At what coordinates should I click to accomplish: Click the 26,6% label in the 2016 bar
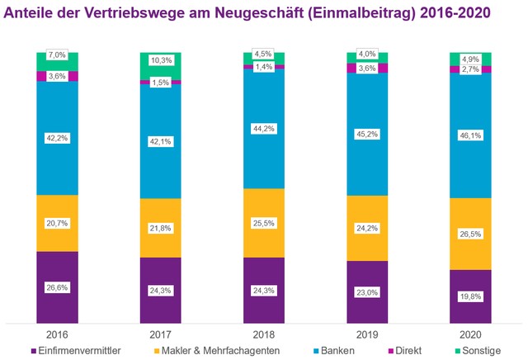click(57, 287)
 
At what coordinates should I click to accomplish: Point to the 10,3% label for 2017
click(160, 61)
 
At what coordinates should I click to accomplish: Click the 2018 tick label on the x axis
click(263, 336)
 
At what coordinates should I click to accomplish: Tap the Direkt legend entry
click(411, 350)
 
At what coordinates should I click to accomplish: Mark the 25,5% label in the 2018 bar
click(263, 223)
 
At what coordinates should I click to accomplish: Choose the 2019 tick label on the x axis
click(366, 336)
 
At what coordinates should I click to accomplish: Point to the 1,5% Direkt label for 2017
click(160, 83)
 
